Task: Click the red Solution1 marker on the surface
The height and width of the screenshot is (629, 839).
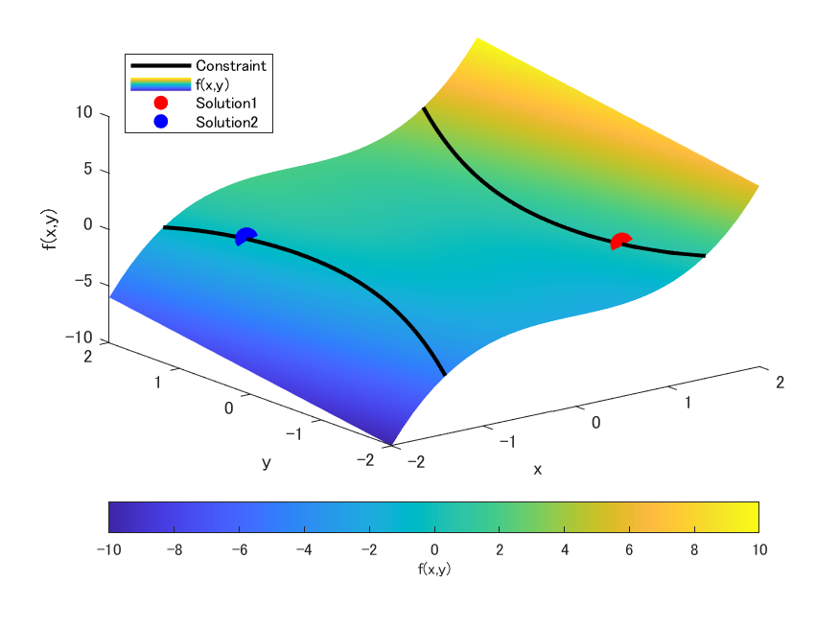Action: click(x=621, y=241)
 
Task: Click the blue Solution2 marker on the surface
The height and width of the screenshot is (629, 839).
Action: click(x=245, y=236)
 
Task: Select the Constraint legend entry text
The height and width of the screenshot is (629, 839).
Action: click(x=230, y=65)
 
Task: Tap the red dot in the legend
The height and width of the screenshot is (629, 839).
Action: click(x=160, y=103)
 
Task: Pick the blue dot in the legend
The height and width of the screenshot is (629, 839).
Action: click(x=160, y=122)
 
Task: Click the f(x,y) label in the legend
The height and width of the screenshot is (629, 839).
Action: click(x=212, y=84)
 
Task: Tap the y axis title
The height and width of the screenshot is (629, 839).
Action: click(x=267, y=462)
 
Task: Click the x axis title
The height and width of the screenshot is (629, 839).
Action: click(x=538, y=469)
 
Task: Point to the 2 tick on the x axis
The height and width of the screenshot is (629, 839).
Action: click(x=780, y=382)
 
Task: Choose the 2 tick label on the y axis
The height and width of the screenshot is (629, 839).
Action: click(x=86, y=356)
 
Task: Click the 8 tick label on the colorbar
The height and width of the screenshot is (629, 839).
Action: click(x=693, y=549)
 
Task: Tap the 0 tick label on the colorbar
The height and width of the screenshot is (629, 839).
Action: click(x=433, y=549)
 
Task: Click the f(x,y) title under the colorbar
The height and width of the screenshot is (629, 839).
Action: click(x=433, y=569)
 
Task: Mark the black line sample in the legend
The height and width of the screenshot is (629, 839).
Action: click(x=160, y=65)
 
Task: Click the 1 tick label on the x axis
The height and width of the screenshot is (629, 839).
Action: click(x=688, y=402)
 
